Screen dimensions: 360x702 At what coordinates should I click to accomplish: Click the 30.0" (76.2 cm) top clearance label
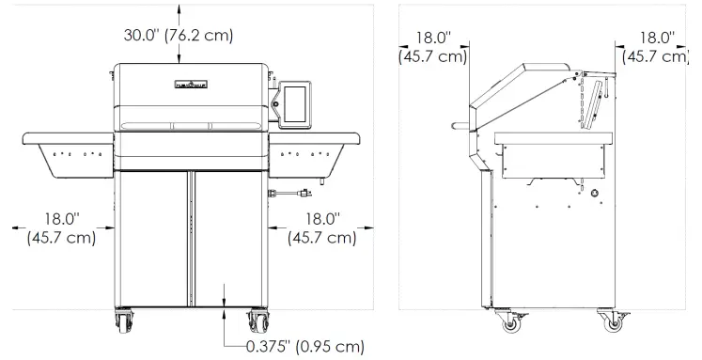pos(179,35)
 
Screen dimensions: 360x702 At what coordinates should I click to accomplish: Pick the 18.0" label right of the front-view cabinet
pos(320,227)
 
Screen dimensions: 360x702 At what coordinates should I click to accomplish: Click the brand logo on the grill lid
pos(193,87)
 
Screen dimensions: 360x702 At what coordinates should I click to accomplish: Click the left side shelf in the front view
pos(66,150)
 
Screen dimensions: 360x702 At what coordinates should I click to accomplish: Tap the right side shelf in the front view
pos(315,150)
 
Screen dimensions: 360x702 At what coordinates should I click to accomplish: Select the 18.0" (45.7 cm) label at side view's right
pos(658,47)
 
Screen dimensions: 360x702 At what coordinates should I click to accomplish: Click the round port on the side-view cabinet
pos(595,196)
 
